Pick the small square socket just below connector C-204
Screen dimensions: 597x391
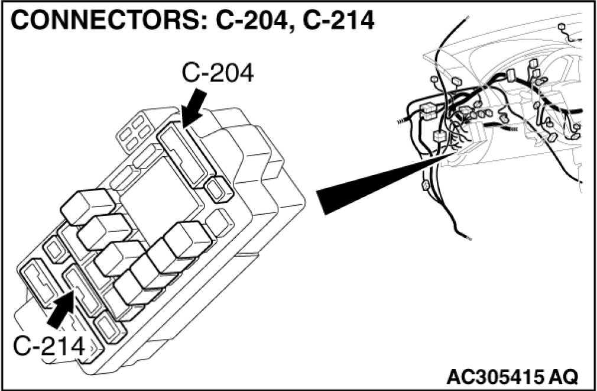[219, 189]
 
